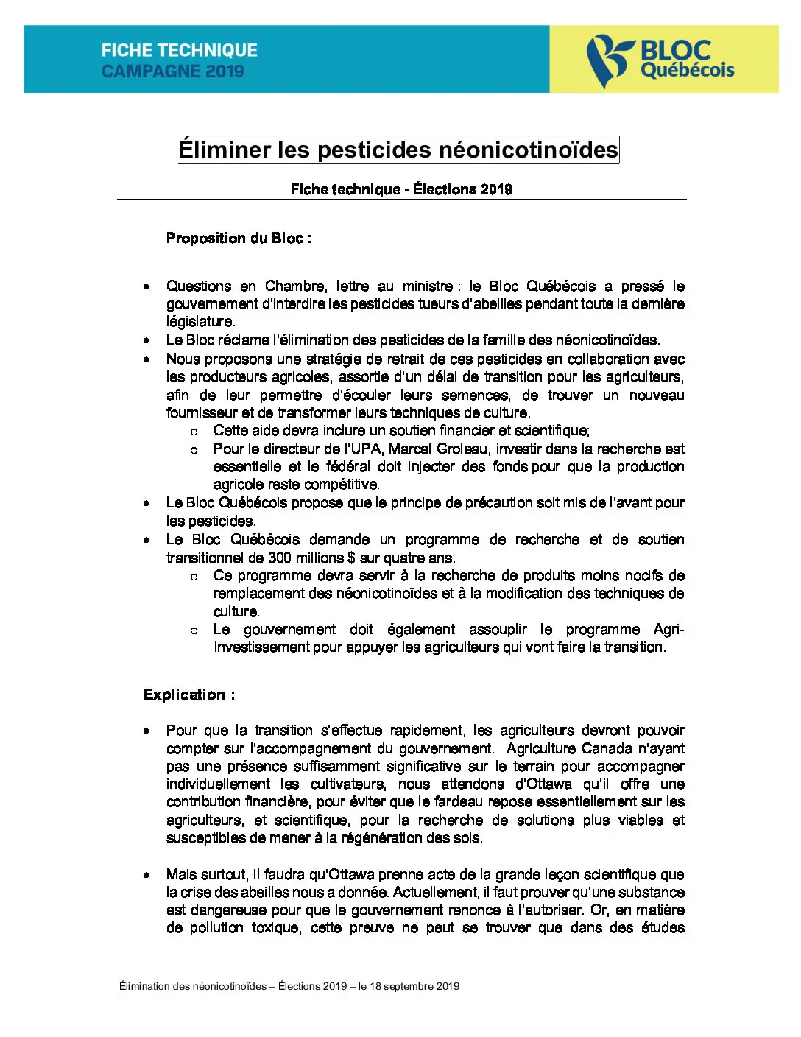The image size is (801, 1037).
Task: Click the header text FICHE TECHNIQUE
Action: (180, 50)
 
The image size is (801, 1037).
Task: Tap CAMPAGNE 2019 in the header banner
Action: (172, 71)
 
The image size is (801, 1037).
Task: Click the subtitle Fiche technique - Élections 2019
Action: (401, 189)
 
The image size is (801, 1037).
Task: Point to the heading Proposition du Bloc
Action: (239, 238)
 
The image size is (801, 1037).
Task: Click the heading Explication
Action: (189, 695)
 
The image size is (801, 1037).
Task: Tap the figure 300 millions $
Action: (311, 558)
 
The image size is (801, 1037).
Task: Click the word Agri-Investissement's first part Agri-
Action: (668, 629)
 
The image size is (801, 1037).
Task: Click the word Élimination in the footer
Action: (144, 986)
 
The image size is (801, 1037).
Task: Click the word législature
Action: (200, 322)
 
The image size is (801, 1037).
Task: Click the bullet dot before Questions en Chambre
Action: (147, 287)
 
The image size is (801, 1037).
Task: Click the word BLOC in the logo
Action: (675, 50)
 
